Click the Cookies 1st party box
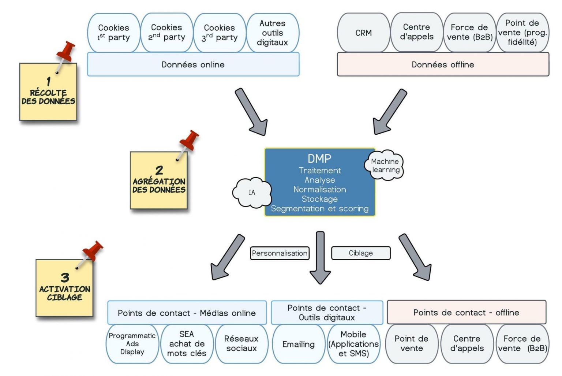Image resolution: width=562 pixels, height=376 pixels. pos(113,33)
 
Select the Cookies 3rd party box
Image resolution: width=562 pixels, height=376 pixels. pos(220,33)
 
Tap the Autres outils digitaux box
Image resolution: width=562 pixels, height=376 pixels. pos(273,33)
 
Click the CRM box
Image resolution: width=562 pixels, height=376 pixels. pos(363,33)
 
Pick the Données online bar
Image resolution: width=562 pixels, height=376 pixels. pos(193,64)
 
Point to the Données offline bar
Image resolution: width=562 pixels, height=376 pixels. pos(443,64)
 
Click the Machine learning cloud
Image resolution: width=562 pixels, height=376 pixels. pos(385,165)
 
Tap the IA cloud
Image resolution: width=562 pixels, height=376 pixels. pos(252,193)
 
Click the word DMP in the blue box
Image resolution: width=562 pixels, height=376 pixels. pos(319,159)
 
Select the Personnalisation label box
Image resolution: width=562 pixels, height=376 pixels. pos(280,253)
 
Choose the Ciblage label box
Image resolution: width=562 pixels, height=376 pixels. pos(361,253)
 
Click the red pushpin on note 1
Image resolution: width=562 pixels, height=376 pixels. pos(66,51)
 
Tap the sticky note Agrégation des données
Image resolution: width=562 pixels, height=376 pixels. pos(159,181)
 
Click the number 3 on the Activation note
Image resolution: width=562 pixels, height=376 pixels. pos(65,277)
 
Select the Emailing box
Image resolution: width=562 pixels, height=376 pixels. pos(299,344)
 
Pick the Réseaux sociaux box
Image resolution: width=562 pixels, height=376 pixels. pos(241,343)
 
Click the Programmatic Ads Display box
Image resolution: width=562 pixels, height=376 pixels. pos(132,343)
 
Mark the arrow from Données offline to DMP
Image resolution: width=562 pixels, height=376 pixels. pos(389,112)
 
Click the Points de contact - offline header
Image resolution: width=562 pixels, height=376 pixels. pos(466,312)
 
